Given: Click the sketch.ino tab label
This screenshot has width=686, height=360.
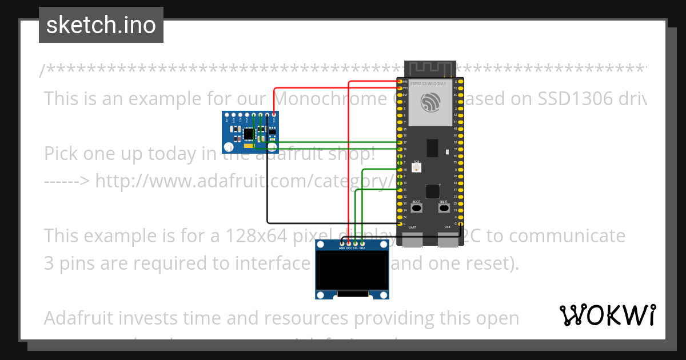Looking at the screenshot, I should click(101, 25).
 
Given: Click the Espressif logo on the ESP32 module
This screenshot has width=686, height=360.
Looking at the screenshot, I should click(429, 103).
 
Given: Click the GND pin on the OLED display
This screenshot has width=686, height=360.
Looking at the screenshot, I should click(341, 244).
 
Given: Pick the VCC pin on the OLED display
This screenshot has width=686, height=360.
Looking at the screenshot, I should click(348, 244).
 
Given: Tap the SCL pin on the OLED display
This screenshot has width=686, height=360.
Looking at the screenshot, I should click(355, 244).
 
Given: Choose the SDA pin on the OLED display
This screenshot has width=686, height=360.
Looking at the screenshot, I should click(362, 244).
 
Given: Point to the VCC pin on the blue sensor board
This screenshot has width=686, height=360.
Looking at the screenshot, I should click(274, 115).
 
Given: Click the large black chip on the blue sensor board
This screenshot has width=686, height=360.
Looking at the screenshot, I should click(248, 134).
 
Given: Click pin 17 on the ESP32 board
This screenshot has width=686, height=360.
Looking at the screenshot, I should click(399, 142).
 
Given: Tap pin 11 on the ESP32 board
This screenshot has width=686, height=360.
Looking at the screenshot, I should click(399, 190).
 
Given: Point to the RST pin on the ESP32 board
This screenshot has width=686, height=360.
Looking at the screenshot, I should click(399, 95).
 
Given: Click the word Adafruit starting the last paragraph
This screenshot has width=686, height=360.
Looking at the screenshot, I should click(79, 318).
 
